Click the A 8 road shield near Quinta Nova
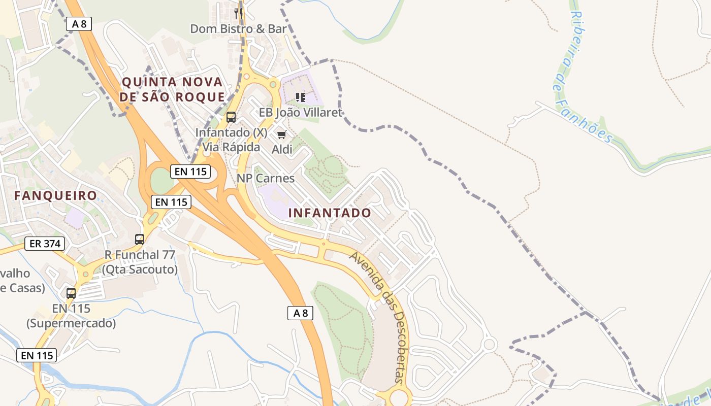click(79, 23)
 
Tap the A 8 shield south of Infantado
click(300, 313)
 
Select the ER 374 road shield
click(45, 244)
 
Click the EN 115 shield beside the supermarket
click(37, 355)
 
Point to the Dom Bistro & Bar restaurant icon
click(238, 13)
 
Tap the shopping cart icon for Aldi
click(281, 134)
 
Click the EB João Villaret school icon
click(300, 97)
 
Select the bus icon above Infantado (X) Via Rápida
click(231, 117)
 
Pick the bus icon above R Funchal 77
click(140, 239)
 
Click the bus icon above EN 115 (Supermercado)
click(71, 293)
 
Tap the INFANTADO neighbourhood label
click(330, 213)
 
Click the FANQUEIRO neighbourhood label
click(55, 195)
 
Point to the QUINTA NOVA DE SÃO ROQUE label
click(173, 89)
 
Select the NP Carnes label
click(266, 178)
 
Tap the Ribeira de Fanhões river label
click(584, 76)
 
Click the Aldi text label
click(282, 149)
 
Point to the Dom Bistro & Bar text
click(238, 29)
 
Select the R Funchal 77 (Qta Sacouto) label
click(140, 262)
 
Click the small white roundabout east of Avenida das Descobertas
click(489, 345)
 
